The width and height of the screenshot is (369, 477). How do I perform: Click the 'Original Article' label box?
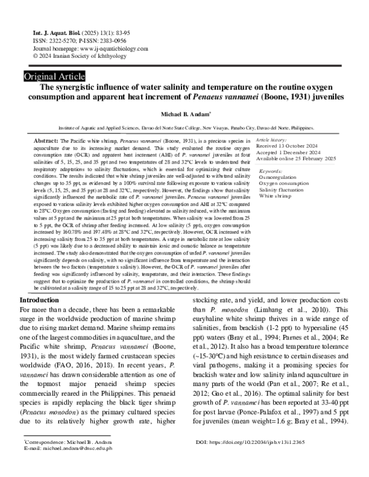coord(54,77)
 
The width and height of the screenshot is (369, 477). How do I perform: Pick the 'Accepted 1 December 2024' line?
coord(298,152)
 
